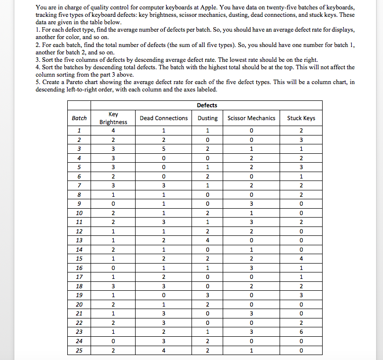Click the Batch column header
click(79, 118)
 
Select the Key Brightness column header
click(113, 118)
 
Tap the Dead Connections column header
click(164, 118)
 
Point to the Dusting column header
click(207, 118)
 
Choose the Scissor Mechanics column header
click(251, 118)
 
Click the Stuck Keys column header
click(301, 118)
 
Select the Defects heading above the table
click(207, 105)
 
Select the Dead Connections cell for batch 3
click(164, 149)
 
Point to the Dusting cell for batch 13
click(207, 240)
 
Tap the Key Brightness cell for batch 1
click(113, 131)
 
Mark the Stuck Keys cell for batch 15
click(301, 259)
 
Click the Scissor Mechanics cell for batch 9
click(251, 203)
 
